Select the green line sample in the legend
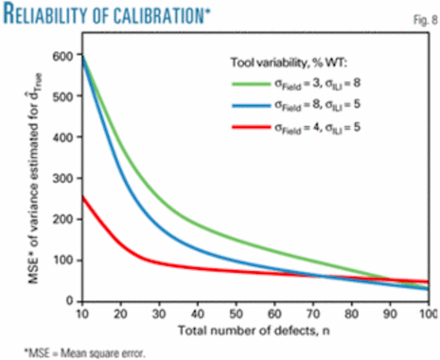point(250,84)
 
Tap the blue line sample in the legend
point(250,105)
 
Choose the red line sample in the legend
point(250,127)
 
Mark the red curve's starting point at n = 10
point(82,197)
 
